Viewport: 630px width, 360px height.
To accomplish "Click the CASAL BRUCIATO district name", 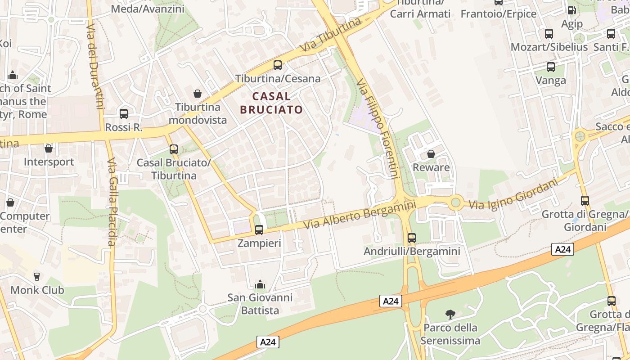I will [x=271, y=103].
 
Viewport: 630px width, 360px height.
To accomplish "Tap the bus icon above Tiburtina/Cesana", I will [x=278, y=65].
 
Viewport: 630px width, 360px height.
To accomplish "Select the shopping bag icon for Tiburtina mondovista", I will [x=197, y=94].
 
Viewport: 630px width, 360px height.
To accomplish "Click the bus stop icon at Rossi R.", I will [x=124, y=114].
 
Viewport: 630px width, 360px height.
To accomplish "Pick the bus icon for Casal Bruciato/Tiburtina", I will [x=174, y=149].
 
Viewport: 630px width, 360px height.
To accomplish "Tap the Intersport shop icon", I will [x=49, y=148].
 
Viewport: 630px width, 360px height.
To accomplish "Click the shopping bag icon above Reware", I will [x=431, y=154].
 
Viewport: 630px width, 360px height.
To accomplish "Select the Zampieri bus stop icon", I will [x=259, y=230].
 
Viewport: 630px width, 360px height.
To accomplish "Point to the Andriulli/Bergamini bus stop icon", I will [x=412, y=238].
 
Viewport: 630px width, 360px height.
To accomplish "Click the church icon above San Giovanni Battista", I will [x=260, y=284].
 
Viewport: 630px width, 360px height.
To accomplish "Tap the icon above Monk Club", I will [x=37, y=276].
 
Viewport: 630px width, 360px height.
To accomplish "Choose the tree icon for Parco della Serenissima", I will [x=450, y=314].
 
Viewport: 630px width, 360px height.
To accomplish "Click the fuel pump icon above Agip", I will [x=571, y=10].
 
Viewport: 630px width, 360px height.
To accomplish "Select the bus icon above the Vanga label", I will [x=551, y=67].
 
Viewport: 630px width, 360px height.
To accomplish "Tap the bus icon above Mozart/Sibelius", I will [x=549, y=33].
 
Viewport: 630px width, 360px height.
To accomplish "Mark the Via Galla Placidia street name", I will [x=112, y=202].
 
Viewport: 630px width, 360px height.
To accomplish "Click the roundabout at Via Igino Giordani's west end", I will [x=456, y=202].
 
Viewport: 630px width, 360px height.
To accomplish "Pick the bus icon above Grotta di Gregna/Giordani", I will [x=585, y=201].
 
